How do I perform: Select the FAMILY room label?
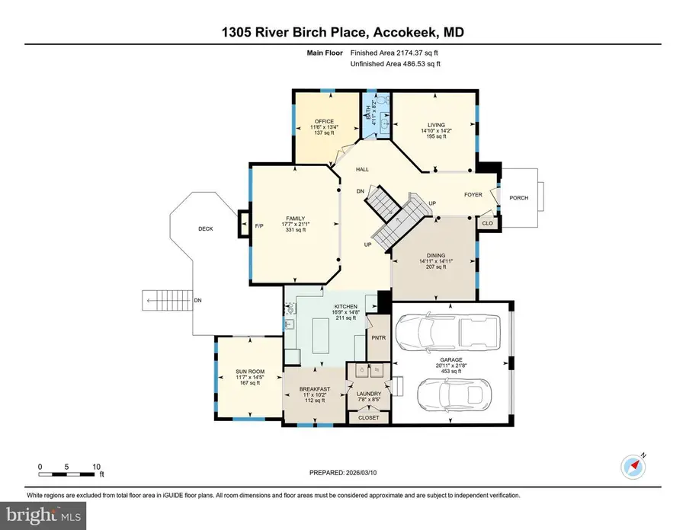tap(295, 219)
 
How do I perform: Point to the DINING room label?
tap(431, 257)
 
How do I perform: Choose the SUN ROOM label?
tap(248, 372)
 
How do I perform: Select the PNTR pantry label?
tap(378, 337)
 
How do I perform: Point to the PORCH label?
tap(519, 198)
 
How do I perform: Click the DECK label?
tap(206, 228)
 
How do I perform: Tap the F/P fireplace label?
tap(258, 225)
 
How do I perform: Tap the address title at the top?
tap(342, 33)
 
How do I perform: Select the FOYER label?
tap(473, 195)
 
